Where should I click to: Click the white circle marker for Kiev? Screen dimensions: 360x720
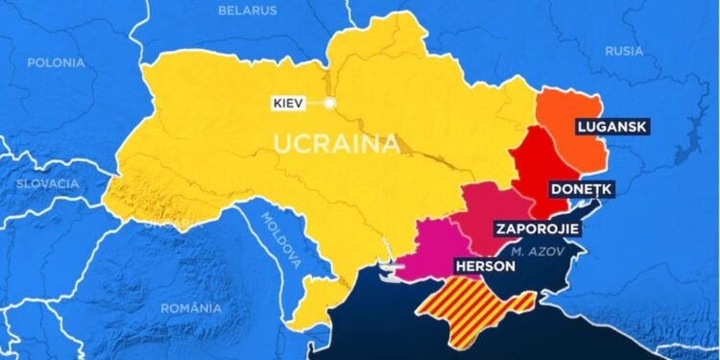coord(329,103)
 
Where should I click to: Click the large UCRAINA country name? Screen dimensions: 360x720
coord(336,145)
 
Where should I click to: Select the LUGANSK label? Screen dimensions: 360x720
coord(609,126)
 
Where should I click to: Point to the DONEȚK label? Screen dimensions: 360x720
coord(582,189)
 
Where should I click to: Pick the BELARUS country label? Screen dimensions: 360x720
coord(248,11)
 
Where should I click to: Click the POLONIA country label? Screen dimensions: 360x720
coord(56,62)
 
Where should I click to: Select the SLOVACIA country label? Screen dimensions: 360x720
coord(47,183)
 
